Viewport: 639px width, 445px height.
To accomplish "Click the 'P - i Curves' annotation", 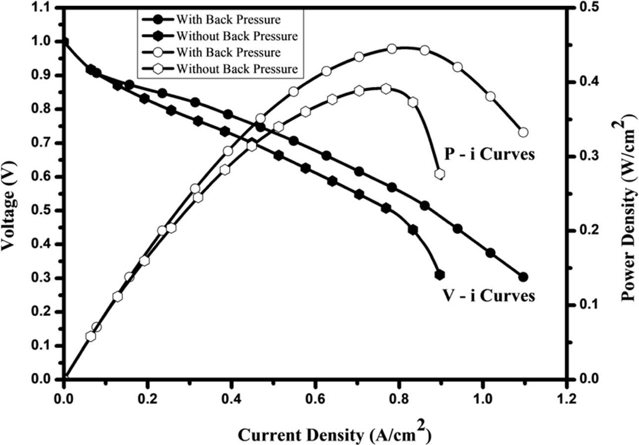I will click(489, 154).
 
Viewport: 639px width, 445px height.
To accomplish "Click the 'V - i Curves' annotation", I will click(488, 296).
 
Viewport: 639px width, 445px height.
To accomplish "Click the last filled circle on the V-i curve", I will click(523, 277).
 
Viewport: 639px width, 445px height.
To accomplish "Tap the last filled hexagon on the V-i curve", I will click(440, 275).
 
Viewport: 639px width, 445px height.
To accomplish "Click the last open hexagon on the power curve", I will click(440, 174).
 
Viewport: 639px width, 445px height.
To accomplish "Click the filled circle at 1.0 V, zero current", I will click(64, 42).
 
